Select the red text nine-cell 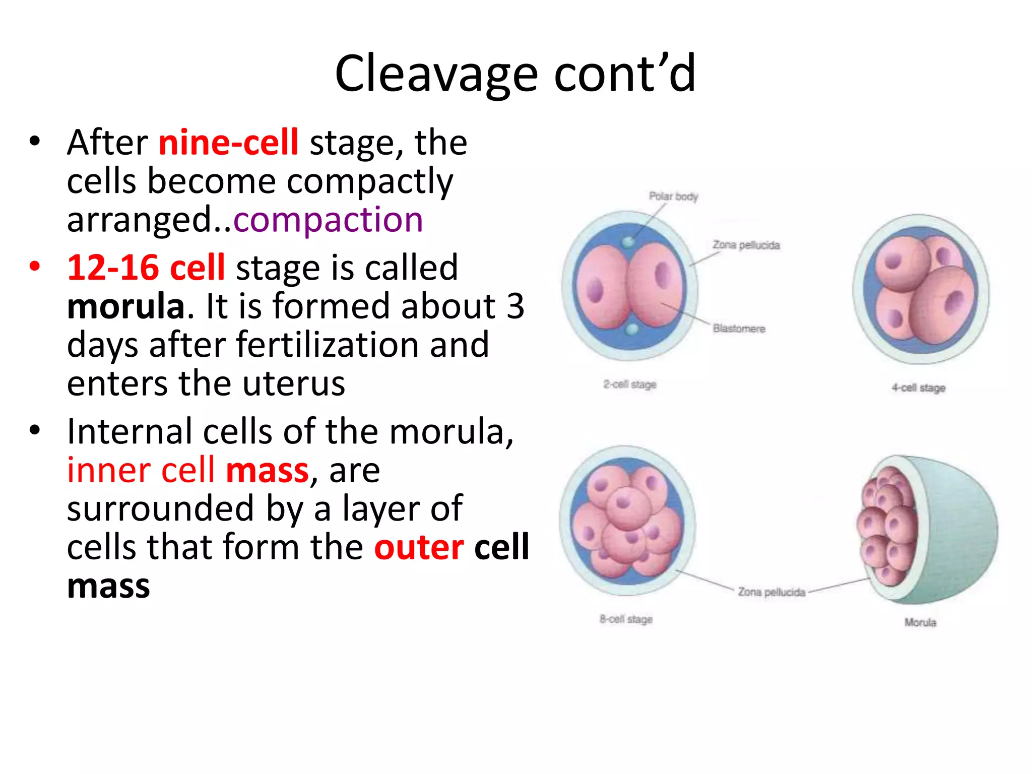[228, 143]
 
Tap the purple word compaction [328, 220]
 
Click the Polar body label [673, 196]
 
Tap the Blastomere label [739, 329]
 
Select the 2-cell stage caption [630, 384]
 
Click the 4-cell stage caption [918, 388]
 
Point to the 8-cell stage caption [626, 619]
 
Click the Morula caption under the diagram [920, 622]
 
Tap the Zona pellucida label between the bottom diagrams [771, 592]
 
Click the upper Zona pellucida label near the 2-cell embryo [746, 245]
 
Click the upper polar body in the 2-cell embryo [628, 242]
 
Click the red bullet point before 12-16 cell [34, 267]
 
